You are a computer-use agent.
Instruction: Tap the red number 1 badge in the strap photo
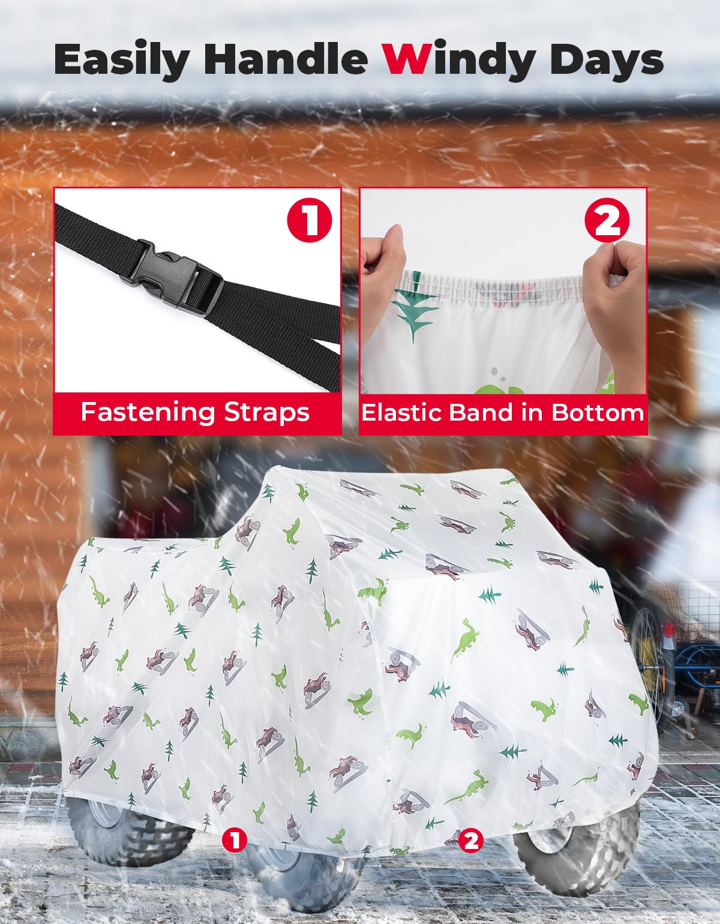[310, 220]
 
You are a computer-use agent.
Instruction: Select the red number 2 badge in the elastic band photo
[607, 220]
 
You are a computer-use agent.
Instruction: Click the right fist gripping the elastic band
[615, 306]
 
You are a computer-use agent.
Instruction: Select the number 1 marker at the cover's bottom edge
[234, 840]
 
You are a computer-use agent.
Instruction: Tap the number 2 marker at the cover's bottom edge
[471, 840]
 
